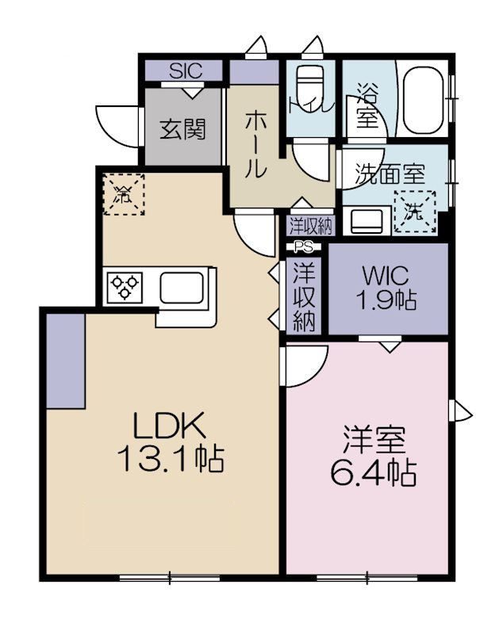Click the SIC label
click(x=186, y=71)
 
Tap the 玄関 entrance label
click(x=183, y=129)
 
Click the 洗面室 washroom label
click(x=390, y=174)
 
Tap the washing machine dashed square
click(x=415, y=212)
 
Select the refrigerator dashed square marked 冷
click(x=124, y=194)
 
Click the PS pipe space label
click(x=304, y=246)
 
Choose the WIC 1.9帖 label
click(x=386, y=288)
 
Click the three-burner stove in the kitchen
click(x=125, y=287)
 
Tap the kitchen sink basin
click(x=182, y=288)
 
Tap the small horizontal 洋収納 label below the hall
click(x=311, y=227)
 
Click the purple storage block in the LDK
click(x=65, y=361)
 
